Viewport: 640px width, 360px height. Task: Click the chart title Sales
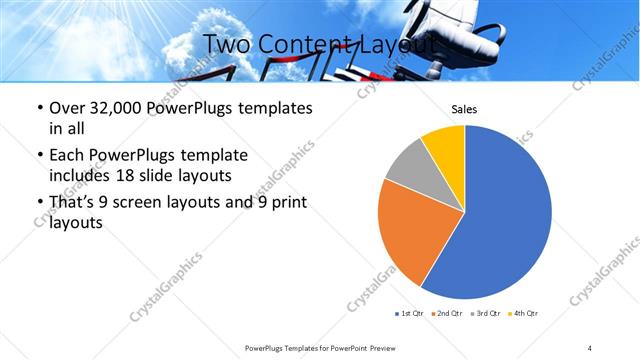[x=465, y=109]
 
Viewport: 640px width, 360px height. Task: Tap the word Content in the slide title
[x=305, y=44]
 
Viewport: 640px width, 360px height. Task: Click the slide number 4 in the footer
[x=590, y=347]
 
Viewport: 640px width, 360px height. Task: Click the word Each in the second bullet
[x=67, y=155]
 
